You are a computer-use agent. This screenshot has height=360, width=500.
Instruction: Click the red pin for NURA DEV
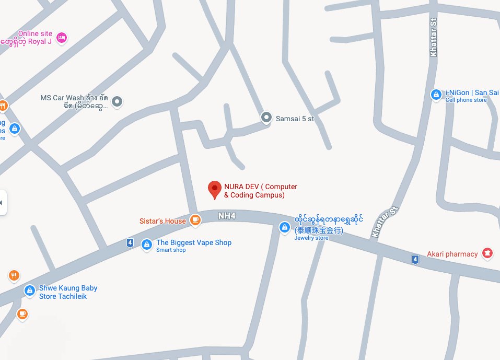(214, 189)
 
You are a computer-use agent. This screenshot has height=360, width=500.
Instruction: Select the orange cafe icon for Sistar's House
(195, 220)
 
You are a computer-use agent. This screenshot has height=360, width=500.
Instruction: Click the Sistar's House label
(162, 221)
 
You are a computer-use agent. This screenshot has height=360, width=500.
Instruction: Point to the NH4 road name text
(227, 215)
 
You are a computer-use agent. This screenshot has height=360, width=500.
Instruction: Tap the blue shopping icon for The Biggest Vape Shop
(147, 244)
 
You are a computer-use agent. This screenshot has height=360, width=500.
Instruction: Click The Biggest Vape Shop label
(194, 242)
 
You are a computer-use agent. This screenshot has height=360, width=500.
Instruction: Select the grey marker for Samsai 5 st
(266, 118)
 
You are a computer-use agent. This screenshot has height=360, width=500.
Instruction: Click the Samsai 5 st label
(295, 119)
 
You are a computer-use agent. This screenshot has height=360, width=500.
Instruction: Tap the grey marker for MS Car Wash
(118, 101)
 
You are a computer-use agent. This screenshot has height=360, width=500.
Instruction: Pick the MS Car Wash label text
(74, 101)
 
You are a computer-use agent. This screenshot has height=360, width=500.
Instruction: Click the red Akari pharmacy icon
(487, 253)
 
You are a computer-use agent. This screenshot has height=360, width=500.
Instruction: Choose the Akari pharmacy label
(452, 254)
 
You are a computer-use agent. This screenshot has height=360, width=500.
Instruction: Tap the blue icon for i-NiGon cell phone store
(436, 95)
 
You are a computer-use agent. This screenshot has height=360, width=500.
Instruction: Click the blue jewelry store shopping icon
(284, 227)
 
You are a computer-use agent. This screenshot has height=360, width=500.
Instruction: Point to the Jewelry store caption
(311, 238)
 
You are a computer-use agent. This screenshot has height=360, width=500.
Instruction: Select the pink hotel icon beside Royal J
(62, 38)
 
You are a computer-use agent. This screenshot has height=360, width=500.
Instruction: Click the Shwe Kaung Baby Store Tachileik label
(68, 292)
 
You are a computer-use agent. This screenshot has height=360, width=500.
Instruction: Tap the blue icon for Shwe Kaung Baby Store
(30, 291)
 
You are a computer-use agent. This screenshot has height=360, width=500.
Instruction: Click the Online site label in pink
(35, 33)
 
